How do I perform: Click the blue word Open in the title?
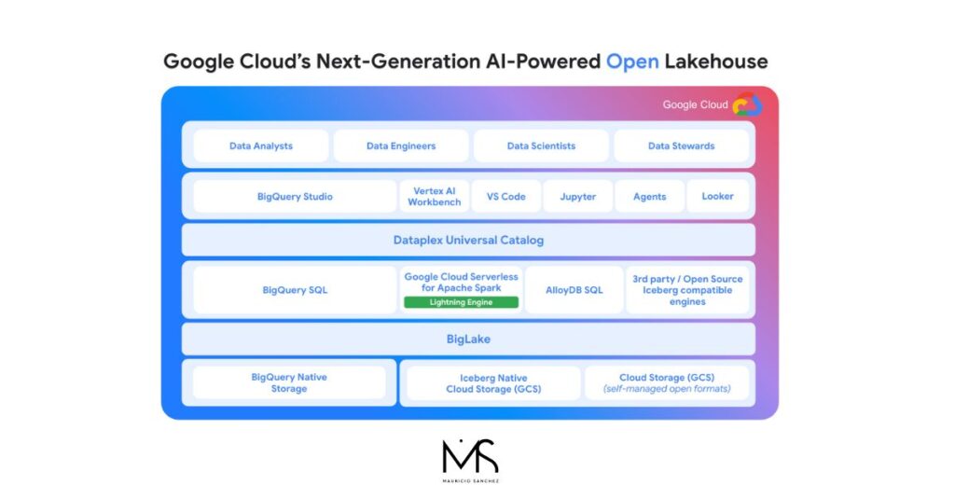(632, 62)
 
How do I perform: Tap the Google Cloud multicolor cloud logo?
(747, 104)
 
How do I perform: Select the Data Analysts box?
(261, 146)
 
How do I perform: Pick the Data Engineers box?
(401, 146)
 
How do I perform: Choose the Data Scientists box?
(541, 146)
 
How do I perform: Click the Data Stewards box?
(681, 146)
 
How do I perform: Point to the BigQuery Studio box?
(295, 196)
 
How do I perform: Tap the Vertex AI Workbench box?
(435, 196)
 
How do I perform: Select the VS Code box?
(506, 196)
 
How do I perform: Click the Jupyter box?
(578, 196)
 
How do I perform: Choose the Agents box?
(650, 196)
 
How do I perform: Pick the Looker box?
(717, 196)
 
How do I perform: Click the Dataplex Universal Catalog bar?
(468, 240)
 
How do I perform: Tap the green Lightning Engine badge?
(461, 302)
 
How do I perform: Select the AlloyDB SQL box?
(574, 290)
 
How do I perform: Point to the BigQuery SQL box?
(295, 290)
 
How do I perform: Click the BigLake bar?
(468, 339)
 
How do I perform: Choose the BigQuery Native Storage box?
(289, 382)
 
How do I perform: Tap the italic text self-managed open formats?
(667, 389)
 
